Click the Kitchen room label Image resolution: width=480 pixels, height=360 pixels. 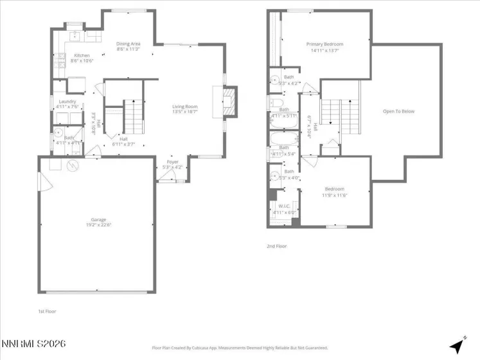82,55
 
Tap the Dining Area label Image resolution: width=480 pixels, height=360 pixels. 129,44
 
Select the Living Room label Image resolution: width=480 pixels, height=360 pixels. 184,107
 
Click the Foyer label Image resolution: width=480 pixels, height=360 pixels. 173,161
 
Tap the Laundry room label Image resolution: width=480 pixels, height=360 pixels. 67,102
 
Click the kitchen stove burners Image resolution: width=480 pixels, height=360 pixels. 61,61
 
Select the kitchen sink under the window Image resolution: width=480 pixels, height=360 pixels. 75,35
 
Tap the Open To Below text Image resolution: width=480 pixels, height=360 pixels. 398,111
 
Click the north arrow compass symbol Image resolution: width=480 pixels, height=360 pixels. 456,345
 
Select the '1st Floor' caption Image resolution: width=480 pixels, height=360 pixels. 47,311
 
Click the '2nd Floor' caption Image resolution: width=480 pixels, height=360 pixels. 276,246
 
